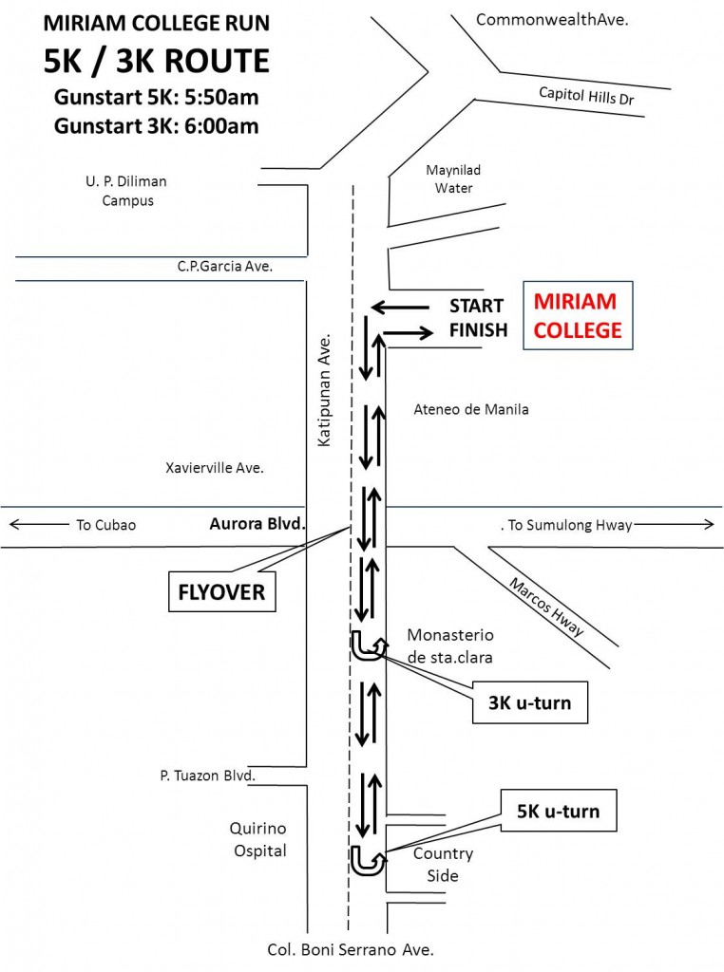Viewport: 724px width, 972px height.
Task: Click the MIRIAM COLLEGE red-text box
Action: tap(578, 315)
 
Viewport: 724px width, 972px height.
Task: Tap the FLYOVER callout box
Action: tap(221, 592)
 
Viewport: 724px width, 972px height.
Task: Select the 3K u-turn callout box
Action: tap(530, 702)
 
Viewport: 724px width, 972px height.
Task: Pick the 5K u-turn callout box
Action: tap(559, 811)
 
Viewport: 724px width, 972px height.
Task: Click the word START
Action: tap(476, 306)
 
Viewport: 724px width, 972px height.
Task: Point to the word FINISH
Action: tap(478, 329)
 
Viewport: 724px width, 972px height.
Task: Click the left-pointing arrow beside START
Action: tap(400, 307)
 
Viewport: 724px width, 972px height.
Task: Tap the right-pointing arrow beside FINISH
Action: tap(409, 333)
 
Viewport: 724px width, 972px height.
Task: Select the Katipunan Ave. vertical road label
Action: tap(324, 390)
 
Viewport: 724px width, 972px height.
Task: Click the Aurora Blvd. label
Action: tap(257, 524)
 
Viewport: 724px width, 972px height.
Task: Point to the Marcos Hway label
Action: tap(546, 607)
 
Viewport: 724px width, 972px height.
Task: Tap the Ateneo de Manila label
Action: tap(471, 409)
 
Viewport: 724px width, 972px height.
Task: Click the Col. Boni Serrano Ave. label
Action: tap(351, 949)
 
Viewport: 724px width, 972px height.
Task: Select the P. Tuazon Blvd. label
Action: tap(208, 776)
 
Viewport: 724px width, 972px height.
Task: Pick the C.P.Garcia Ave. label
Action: tap(225, 266)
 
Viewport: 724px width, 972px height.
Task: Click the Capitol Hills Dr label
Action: tap(586, 96)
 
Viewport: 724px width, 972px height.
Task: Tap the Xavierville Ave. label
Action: tap(215, 467)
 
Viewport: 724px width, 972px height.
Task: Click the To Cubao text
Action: tap(106, 525)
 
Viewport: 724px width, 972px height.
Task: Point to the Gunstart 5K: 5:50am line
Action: tap(157, 98)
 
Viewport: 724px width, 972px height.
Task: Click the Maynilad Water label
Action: tap(453, 178)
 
